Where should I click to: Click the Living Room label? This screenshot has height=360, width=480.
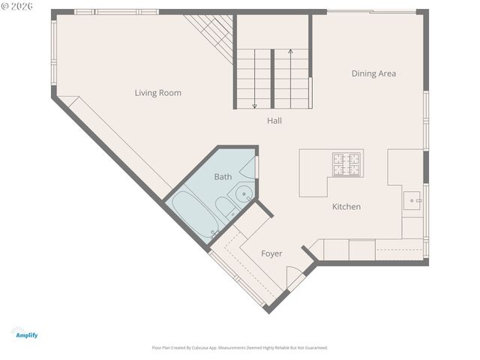click(x=157, y=93)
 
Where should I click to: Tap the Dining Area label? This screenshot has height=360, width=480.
click(x=373, y=73)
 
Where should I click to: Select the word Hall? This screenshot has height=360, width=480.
click(x=274, y=120)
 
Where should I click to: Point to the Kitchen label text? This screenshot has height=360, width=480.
click(x=346, y=206)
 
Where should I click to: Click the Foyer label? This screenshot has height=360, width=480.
click(x=271, y=253)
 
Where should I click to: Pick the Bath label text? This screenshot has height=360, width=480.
click(x=223, y=177)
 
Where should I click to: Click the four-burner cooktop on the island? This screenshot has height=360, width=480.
click(x=347, y=162)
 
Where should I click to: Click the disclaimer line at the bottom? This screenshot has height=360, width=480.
click(x=240, y=348)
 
